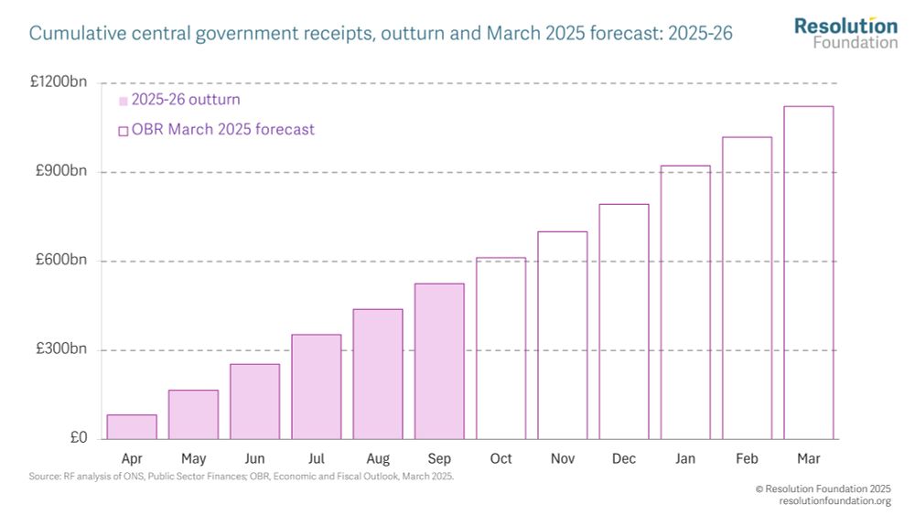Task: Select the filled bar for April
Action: click(x=132, y=427)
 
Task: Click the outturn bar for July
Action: click(x=317, y=387)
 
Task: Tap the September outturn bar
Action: click(x=439, y=361)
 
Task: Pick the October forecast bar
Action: click(x=501, y=349)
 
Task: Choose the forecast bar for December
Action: click(x=624, y=321)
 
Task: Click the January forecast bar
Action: click(x=686, y=302)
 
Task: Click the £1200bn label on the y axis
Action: click(x=59, y=81)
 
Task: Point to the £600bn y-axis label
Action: click(x=61, y=261)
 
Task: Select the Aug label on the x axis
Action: click(x=377, y=457)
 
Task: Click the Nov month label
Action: click(x=563, y=457)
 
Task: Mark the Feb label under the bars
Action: click(x=748, y=457)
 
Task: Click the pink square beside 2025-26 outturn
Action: click(x=124, y=101)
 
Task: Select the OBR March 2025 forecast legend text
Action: click(x=222, y=130)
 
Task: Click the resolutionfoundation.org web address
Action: click(x=834, y=502)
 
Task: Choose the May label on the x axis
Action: click(x=193, y=457)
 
